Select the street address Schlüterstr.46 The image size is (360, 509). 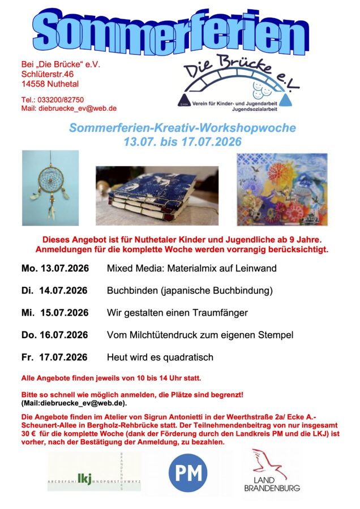coord(47,74)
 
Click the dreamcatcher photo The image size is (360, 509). coord(50,188)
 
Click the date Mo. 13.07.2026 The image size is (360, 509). coord(55,268)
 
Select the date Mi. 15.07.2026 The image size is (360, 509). coord(55,313)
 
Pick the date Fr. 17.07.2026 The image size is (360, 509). coord(54,357)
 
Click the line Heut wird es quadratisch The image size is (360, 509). coord(160,357)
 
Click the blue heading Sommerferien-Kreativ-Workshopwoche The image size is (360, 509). coord(182,128)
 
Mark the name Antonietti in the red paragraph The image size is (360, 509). coord(170,417)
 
